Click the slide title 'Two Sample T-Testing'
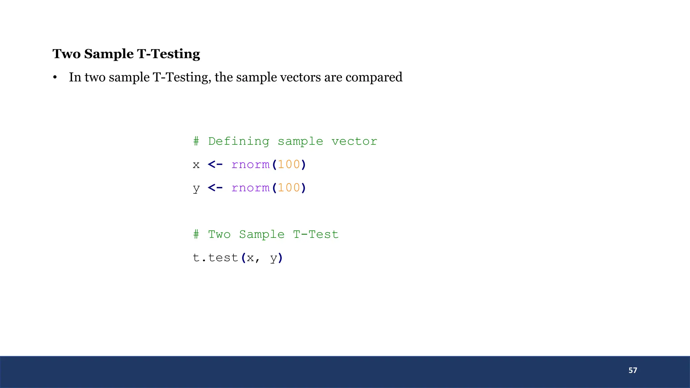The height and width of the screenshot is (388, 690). point(126,54)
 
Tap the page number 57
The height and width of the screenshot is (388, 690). point(633,370)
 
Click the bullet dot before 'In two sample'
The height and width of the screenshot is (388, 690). point(55,78)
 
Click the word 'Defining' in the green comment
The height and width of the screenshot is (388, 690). point(239,141)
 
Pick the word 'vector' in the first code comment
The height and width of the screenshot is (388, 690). point(354,141)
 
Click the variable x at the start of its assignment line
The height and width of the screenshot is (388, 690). point(196,165)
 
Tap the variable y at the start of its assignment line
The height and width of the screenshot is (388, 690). point(196,188)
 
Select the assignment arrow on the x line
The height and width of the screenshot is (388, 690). point(215,164)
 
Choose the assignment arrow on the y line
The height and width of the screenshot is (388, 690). point(215,188)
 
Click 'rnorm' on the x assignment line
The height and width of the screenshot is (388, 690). point(250,164)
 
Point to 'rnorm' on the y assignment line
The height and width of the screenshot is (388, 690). point(250,188)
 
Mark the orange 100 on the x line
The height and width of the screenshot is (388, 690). point(289,164)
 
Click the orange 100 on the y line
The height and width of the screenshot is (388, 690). point(289,188)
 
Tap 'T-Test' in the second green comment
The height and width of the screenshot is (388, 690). point(316,234)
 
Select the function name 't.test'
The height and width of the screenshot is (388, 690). point(215,258)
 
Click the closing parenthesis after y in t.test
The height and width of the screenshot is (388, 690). point(281,258)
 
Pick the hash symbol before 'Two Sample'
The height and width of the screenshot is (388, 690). point(196,234)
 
